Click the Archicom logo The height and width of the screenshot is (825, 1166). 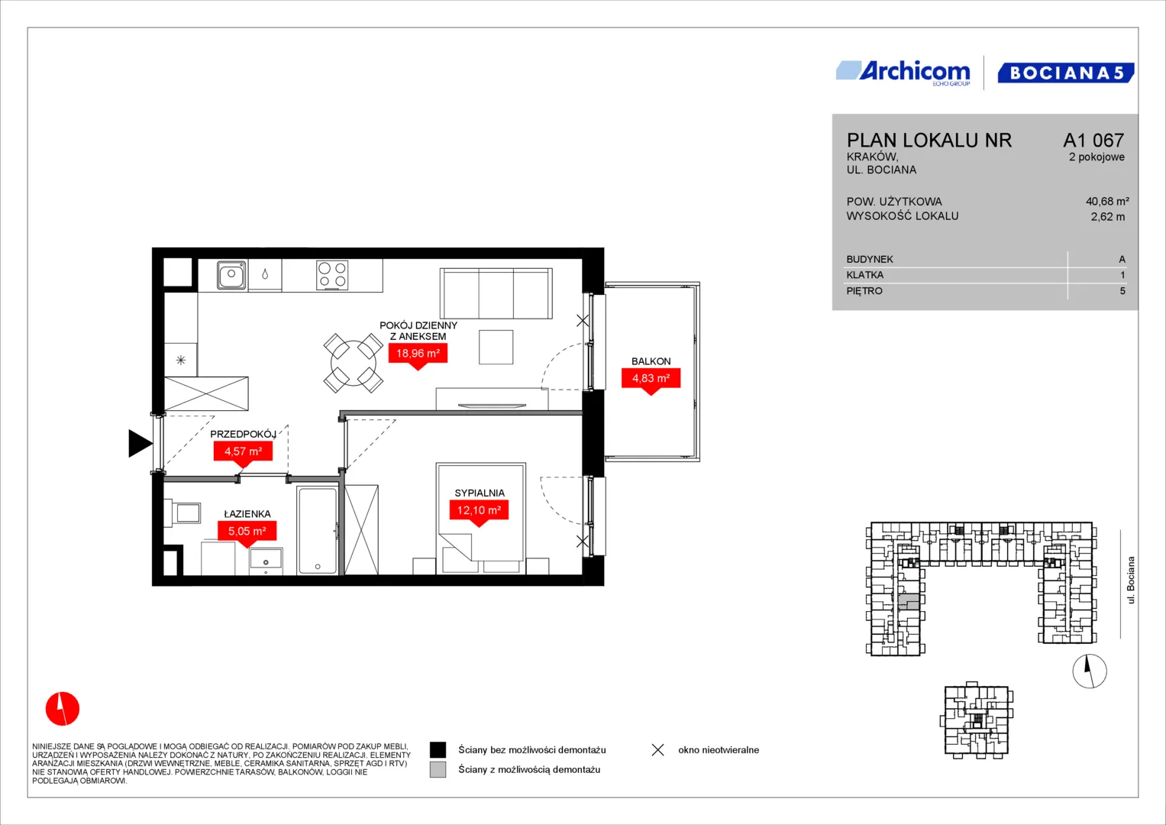click(903, 73)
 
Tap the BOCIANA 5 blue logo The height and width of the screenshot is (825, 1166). click(1065, 73)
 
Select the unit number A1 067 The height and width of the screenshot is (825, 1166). click(1093, 140)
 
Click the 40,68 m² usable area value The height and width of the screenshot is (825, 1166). click(1107, 201)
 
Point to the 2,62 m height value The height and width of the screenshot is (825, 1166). click(1108, 217)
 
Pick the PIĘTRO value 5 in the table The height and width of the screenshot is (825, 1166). click(1122, 290)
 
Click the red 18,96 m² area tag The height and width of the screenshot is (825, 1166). click(418, 354)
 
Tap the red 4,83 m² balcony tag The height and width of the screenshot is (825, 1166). click(651, 380)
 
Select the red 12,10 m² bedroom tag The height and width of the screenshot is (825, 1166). click(479, 512)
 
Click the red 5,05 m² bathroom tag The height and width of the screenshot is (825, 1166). click(247, 532)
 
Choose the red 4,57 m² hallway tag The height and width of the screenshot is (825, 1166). click(243, 452)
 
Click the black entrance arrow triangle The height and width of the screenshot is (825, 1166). click(140, 444)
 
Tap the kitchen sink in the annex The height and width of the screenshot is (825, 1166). click(231, 274)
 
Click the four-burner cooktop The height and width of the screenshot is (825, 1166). click(332, 275)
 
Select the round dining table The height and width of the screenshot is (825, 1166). click(354, 363)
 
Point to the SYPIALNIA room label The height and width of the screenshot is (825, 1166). click(480, 493)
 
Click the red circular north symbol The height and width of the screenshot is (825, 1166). click(63, 708)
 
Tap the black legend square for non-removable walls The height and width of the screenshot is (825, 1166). click(438, 750)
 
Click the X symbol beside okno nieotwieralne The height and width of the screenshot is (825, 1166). click(658, 750)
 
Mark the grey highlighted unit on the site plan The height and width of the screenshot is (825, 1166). click(909, 601)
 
